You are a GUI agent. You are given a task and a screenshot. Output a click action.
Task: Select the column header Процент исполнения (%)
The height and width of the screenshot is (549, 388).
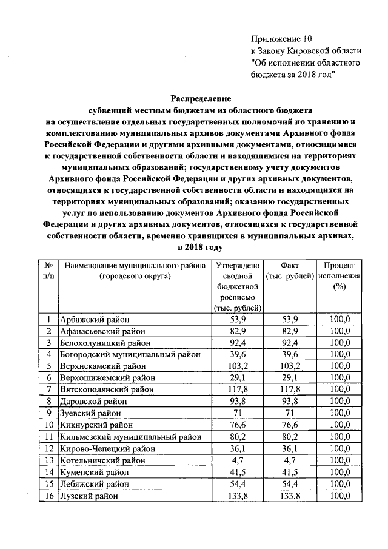point(339,276)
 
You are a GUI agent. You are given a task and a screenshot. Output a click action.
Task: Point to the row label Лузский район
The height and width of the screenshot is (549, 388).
point(89,496)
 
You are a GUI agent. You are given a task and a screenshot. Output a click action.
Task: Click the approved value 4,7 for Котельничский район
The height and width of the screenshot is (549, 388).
point(237,460)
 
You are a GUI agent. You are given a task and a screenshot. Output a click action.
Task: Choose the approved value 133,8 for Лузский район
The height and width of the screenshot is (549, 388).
point(237,496)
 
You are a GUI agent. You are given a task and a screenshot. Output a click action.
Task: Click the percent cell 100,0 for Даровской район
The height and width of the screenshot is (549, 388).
point(339,402)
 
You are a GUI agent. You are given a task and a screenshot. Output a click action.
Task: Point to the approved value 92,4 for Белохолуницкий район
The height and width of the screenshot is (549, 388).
point(237,343)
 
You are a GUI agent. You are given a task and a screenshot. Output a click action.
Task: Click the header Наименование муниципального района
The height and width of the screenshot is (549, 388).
point(132,266)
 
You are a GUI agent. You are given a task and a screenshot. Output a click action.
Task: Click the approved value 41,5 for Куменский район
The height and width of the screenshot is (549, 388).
point(237,472)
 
